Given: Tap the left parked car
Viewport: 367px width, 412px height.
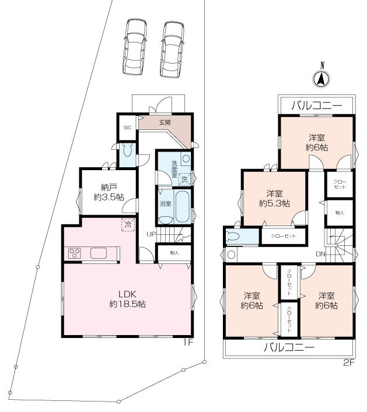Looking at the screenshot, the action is point(135,47).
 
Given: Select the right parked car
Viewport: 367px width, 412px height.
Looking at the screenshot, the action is point(172,50).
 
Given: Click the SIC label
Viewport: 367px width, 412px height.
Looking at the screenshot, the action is point(127,128).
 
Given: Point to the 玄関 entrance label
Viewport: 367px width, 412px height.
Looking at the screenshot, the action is point(165,122).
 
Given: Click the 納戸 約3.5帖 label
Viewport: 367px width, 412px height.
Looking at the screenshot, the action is point(109,192).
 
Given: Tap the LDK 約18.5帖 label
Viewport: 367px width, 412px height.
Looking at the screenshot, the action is point(128,299).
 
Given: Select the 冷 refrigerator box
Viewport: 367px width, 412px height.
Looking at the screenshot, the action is point(128,225).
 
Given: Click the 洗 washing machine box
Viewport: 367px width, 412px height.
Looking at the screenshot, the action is point(185,179).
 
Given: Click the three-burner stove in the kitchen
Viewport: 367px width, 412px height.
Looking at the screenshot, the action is point(75,254).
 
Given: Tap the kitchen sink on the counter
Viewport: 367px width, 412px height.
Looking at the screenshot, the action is point(99,253).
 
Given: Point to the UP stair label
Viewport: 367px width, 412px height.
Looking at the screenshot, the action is point(151,234).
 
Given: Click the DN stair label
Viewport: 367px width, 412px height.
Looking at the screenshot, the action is point(320,254).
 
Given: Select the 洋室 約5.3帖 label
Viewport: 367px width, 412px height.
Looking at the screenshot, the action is point(274,199).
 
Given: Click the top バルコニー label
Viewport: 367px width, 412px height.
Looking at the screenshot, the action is point(317,105).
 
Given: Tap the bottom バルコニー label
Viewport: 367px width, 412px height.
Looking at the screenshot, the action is point(289,348).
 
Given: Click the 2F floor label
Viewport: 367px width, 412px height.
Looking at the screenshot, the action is point(349,363).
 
